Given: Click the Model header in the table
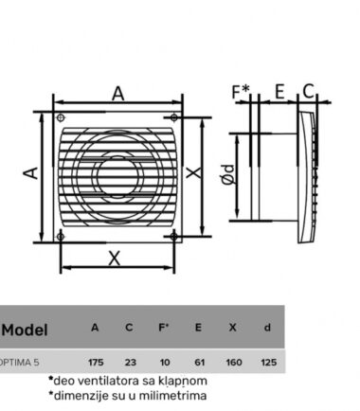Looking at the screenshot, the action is click(x=25, y=331).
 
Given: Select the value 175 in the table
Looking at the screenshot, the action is click(x=96, y=362).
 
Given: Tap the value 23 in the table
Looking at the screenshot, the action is click(x=131, y=362).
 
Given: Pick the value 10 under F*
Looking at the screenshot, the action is click(x=165, y=362).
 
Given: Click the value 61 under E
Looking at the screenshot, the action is click(x=199, y=362).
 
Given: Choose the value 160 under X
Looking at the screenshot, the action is click(x=234, y=362).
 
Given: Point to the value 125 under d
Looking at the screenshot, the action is click(x=269, y=362).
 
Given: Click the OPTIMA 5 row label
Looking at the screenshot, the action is click(x=20, y=362).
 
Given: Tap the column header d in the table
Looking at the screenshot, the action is click(x=267, y=328).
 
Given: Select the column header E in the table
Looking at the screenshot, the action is click(x=198, y=328).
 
